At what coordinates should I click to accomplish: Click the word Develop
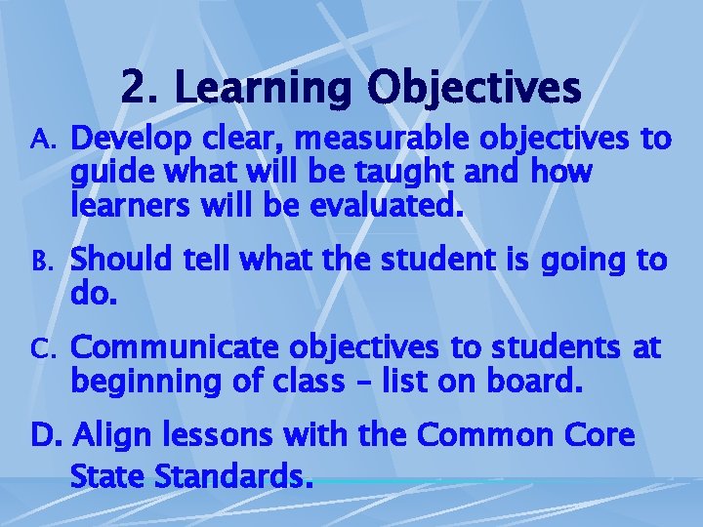coord(125,141)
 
